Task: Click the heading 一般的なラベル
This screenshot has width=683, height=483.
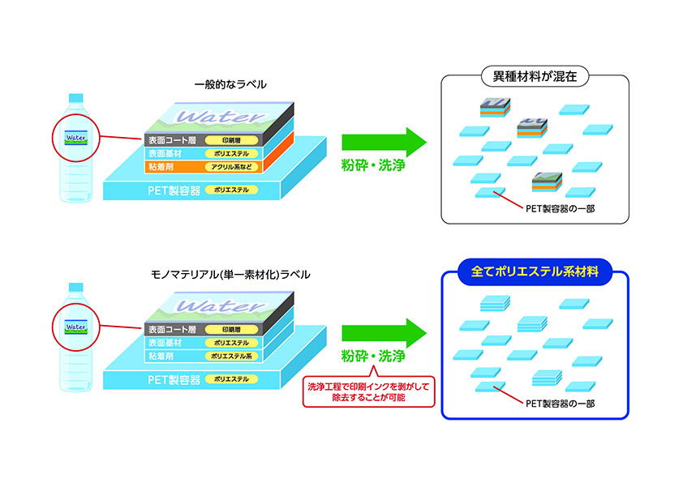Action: coord(230,84)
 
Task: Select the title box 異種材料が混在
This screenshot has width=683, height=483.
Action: coord(535,79)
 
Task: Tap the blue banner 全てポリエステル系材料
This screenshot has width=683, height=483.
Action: coord(535,272)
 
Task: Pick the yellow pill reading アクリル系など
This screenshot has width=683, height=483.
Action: coord(232,166)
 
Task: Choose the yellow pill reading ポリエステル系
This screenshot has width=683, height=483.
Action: coord(232,356)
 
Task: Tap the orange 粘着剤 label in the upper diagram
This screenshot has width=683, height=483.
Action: coord(161,166)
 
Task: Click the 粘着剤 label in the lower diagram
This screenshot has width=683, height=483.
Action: coord(161,356)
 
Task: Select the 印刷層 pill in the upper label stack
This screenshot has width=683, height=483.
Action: coord(231,139)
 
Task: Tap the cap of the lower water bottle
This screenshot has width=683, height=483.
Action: coord(76,287)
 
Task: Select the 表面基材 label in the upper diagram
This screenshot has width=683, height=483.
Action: coord(164,152)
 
